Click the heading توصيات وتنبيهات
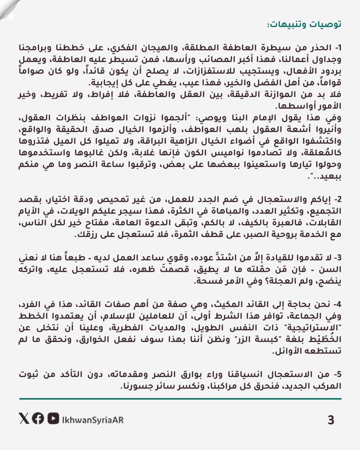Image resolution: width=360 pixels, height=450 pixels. click(x=304, y=25)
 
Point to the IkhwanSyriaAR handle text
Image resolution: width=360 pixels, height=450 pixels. click(x=92, y=420)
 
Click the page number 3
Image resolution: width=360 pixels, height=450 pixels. click(x=330, y=420)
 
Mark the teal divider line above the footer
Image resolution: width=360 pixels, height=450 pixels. click(x=180, y=399)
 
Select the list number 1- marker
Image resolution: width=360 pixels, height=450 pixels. click(x=337, y=47)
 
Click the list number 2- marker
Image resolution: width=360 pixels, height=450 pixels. click(x=337, y=199)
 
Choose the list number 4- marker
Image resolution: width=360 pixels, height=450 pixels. click(x=337, y=304)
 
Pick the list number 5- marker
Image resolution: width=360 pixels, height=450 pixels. click(x=337, y=374)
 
